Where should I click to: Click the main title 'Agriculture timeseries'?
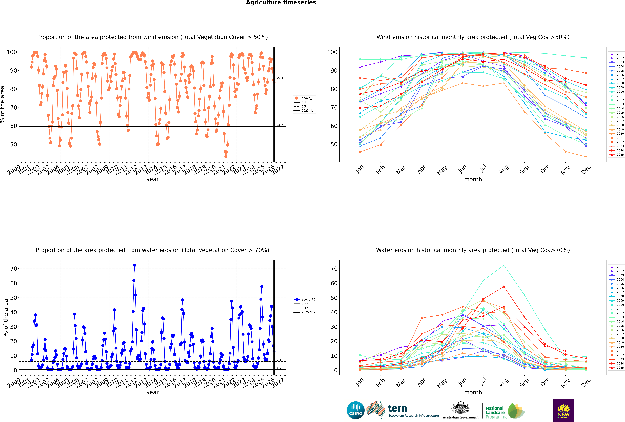(281, 3)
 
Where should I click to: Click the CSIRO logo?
(355, 410)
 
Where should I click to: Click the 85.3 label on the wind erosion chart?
(279, 78)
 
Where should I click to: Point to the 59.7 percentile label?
(279, 125)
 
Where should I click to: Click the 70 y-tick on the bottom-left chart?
(13, 269)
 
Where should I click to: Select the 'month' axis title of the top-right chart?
(473, 180)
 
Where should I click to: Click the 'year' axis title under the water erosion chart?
(152, 392)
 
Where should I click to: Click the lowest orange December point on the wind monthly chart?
(586, 157)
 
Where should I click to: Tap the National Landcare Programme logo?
(505, 411)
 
